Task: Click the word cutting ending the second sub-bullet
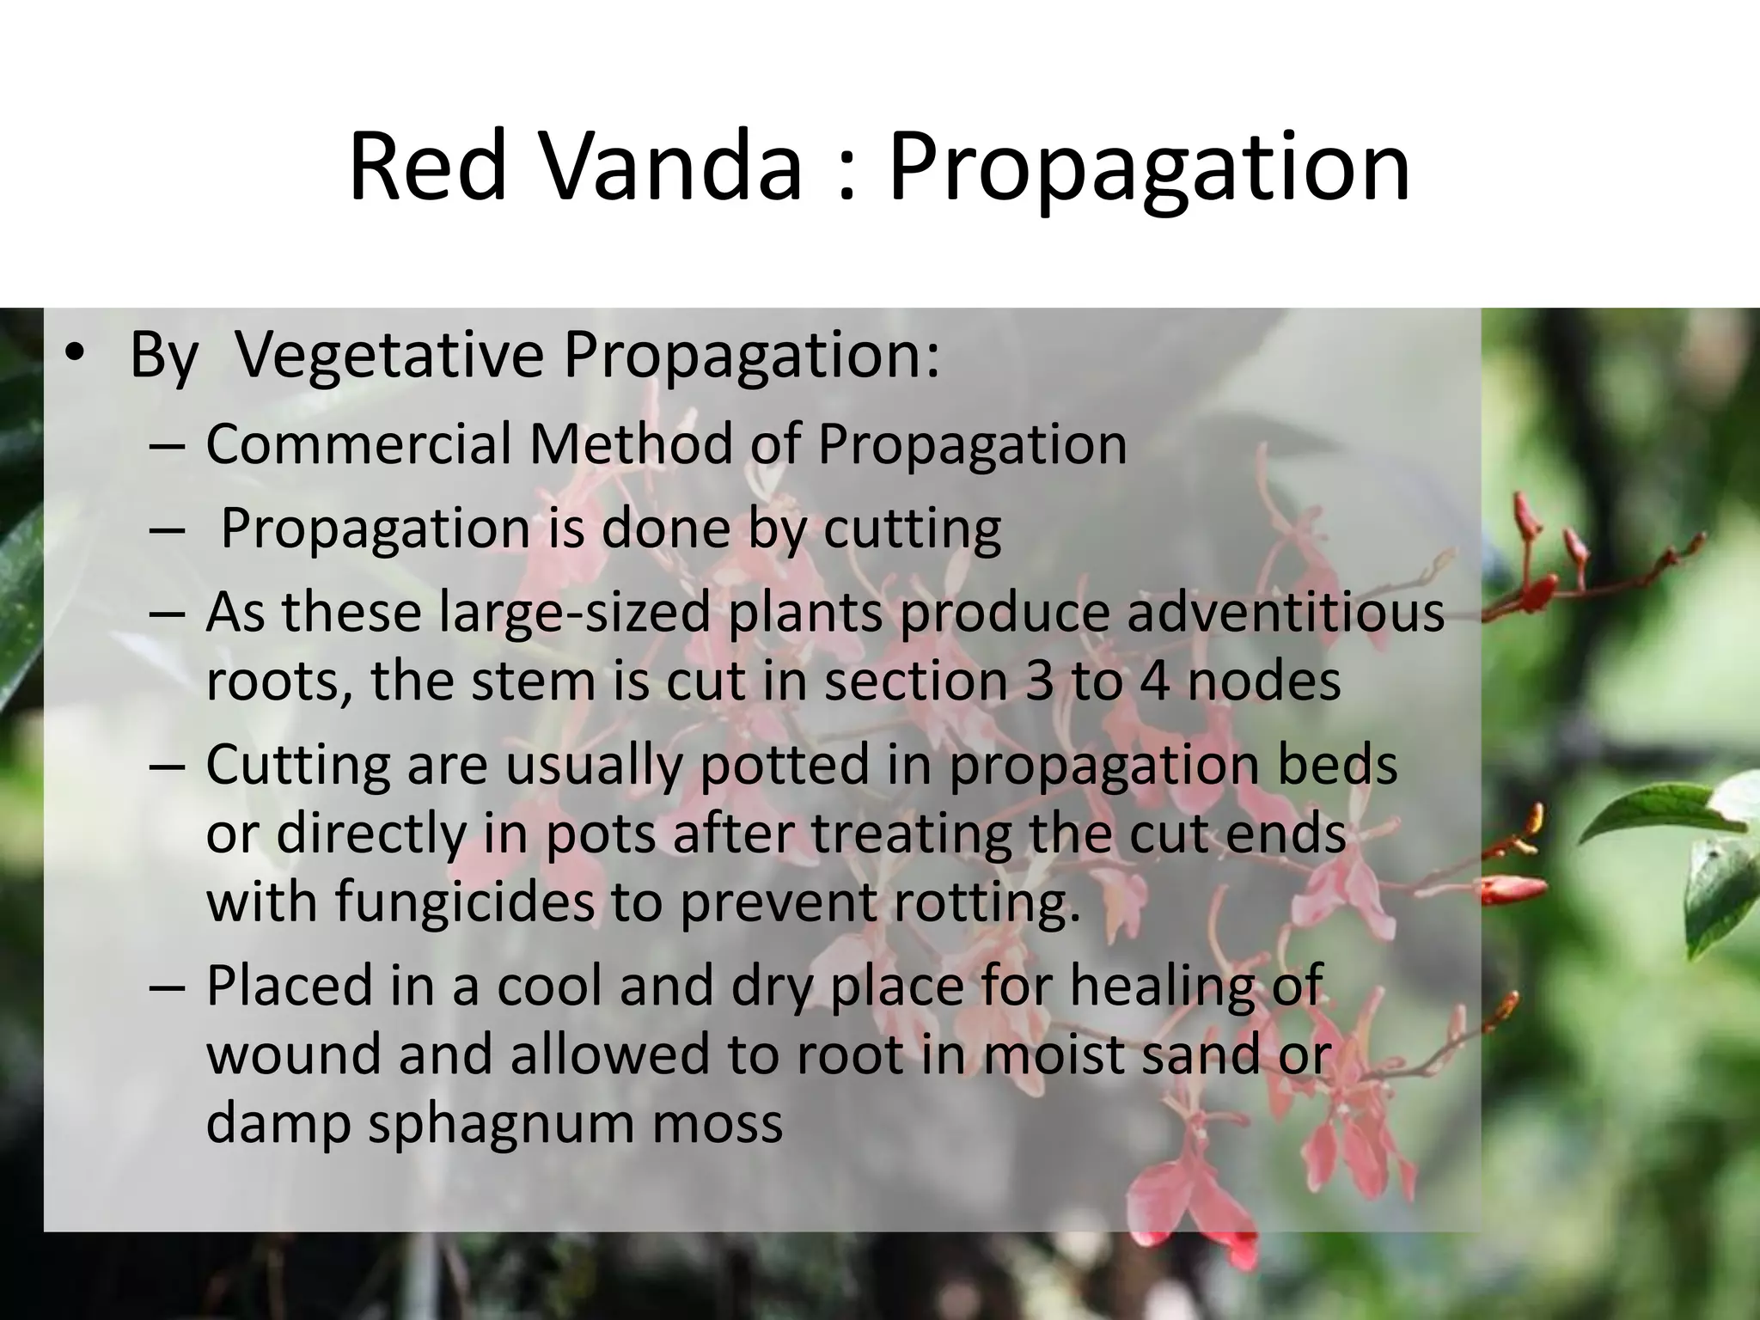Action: coord(912,529)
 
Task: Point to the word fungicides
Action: coord(464,901)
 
